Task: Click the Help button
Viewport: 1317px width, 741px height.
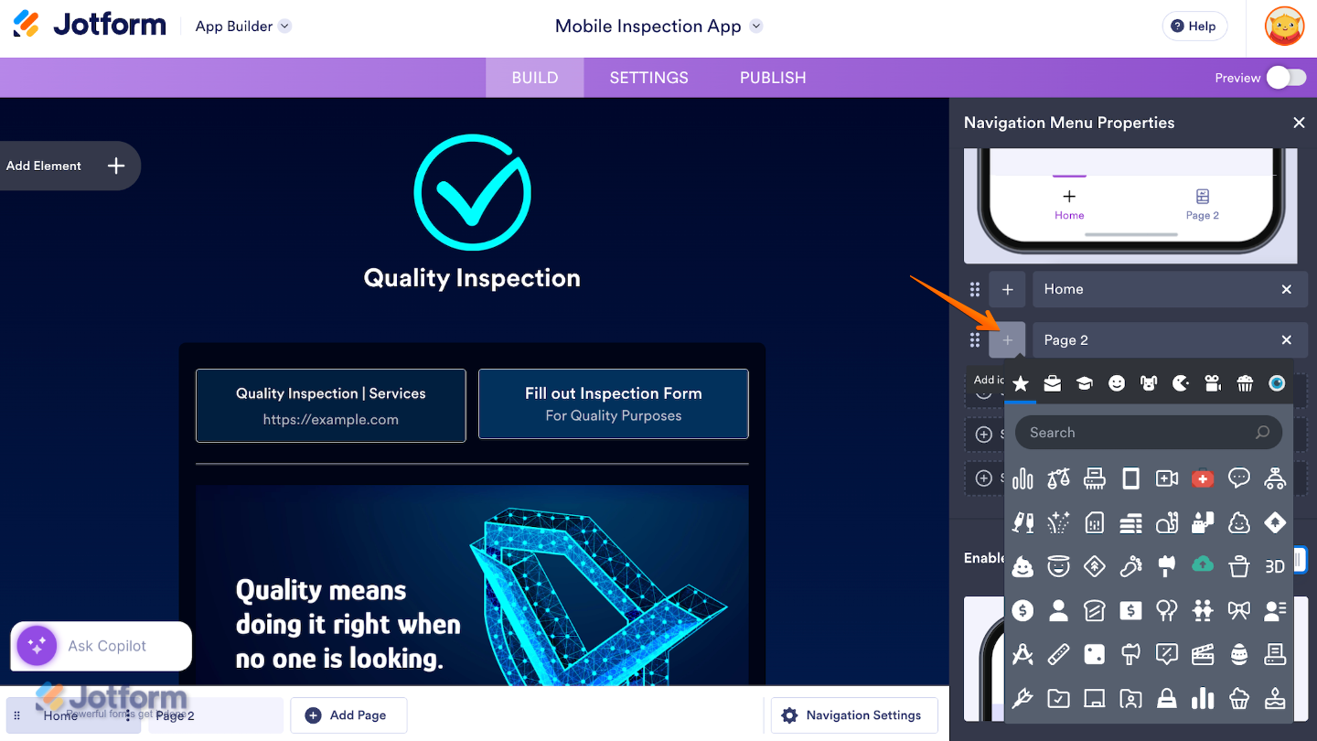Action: click(x=1194, y=27)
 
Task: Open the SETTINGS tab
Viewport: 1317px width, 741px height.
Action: click(x=648, y=78)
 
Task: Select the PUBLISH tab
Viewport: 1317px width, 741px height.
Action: click(x=773, y=78)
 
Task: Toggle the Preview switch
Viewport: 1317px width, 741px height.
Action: click(x=1286, y=78)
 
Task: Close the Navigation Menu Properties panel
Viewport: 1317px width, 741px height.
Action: click(x=1299, y=123)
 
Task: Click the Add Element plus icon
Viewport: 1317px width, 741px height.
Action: click(x=116, y=166)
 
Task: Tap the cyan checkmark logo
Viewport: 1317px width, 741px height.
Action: click(x=472, y=192)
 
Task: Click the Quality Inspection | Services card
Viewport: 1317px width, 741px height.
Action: click(x=330, y=405)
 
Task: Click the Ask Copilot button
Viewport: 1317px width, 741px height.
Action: click(x=102, y=646)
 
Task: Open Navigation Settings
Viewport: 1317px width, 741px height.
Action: click(x=853, y=715)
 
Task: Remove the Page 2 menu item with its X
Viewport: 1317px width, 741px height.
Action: click(x=1287, y=340)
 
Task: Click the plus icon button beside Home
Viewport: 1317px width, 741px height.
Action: click(x=1007, y=289)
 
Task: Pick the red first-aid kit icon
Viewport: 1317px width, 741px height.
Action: click(x=1203, y=478)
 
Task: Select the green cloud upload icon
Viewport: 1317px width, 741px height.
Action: click(x=1203, y=566)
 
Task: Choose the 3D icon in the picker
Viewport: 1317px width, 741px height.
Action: click(x=1275, y=566)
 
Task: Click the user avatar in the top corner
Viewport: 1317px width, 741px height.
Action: click(x=1284, y=27)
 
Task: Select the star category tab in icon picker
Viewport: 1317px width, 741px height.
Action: click(x=1021, y=383)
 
